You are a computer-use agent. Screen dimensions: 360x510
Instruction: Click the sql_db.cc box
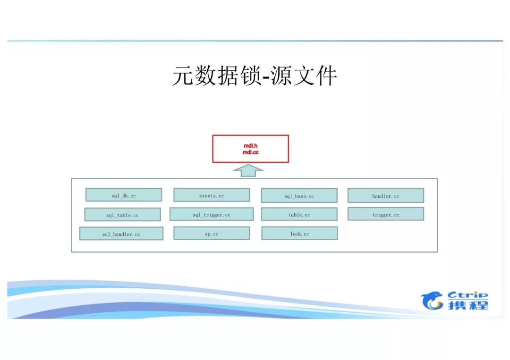[124, 195]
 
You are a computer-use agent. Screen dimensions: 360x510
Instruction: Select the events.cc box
[212, 195]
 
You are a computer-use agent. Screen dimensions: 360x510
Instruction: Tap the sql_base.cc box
[299, 195]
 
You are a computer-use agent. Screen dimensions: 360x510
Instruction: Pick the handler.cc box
[386, 195]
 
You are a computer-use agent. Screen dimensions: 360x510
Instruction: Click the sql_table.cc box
[122, 215]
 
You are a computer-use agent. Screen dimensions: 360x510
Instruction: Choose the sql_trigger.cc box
[212, 214]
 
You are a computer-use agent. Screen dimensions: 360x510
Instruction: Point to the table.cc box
[299, 214]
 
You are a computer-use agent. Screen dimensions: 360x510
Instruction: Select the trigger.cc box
[386, 214]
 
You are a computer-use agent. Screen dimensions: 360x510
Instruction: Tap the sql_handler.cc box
[121, 234]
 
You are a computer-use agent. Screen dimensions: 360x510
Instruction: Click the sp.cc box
[212, 233]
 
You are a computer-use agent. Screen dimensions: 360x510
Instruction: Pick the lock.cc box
[299, 233]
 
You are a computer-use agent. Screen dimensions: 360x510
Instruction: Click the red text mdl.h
[250, 146]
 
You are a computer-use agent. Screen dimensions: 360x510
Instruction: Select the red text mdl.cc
[251, 152]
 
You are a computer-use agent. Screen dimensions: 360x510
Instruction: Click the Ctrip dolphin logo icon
[433, 301]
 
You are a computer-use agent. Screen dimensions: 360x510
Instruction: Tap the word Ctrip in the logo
[467, 296]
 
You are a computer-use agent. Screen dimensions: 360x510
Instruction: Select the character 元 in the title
[183, 75]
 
